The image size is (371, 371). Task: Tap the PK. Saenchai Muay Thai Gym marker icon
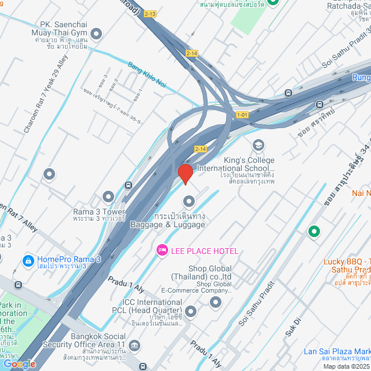(97, 35)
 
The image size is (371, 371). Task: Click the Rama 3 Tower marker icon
(108, 197)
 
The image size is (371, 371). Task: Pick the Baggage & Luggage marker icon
(188, 202)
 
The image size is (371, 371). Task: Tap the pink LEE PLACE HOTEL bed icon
(162, 250)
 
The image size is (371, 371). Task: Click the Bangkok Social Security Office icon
(134, 346)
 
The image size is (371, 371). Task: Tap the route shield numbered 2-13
(150, 13)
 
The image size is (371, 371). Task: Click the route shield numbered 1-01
(242, 115)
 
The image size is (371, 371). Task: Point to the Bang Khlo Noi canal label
(147, 75)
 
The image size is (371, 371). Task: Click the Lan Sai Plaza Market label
(337, 352)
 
